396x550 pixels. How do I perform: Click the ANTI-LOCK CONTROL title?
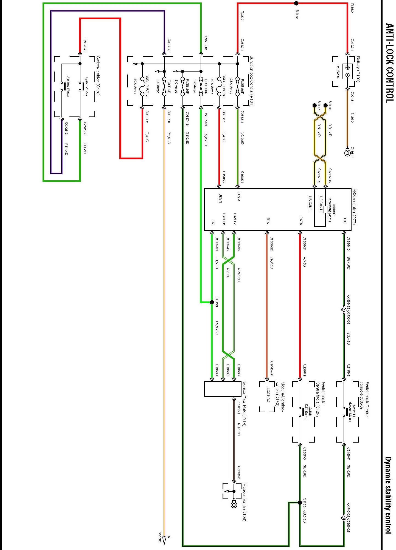(x=389, y=63)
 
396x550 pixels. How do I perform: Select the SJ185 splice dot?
(x=296, y=3)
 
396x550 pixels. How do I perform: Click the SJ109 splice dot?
(x=212, y=302)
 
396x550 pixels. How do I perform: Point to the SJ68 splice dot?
(x=300, y=503)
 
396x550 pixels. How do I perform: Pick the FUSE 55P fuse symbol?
(x=237, y=86)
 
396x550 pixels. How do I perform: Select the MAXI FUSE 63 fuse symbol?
(x=219, y=86)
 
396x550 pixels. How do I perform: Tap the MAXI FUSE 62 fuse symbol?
(x=142, y=86)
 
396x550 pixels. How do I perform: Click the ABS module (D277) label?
(x=354, y=207)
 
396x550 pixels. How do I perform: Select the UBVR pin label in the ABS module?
(x=238, y=197)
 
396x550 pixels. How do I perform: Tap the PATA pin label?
(x=301, y=221)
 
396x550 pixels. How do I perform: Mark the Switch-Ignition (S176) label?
(x=98, y=76)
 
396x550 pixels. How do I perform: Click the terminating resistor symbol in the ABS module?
(x=325, y=210)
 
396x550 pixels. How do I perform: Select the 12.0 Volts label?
(x=338, y=72)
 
